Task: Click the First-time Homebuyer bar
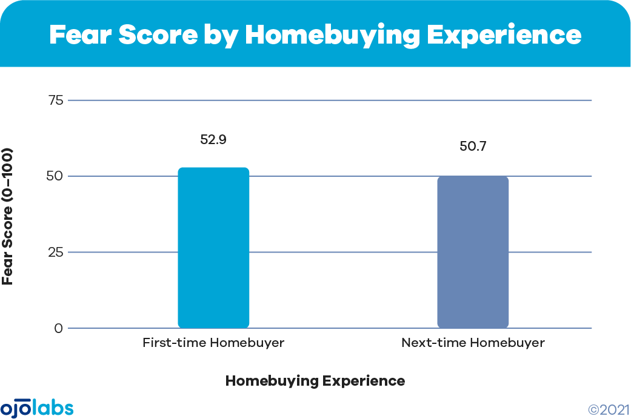pos(214,248)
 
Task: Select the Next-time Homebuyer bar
pos(473,252)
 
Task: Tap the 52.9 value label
pos(213,139)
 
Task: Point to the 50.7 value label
pos(473,146)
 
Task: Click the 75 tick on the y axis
pos(56,100)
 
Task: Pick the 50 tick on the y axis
pos(55,176)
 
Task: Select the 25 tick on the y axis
pos(56,252)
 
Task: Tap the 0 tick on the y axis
pos(59,329)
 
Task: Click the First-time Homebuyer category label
pos(213,343)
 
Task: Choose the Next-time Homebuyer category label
pos(473,343)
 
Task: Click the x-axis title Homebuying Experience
pos(315,381)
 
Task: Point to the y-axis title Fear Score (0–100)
pos(8,217)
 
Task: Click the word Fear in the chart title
pos(80,35)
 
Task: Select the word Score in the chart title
pos(158,35)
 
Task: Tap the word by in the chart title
pos(221,36)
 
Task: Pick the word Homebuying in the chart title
pos(333,36)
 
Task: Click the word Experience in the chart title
pos(504,36)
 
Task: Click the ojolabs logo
pos(37,409)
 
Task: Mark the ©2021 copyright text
pos(609,410)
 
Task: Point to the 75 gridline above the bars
pos(330,100)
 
